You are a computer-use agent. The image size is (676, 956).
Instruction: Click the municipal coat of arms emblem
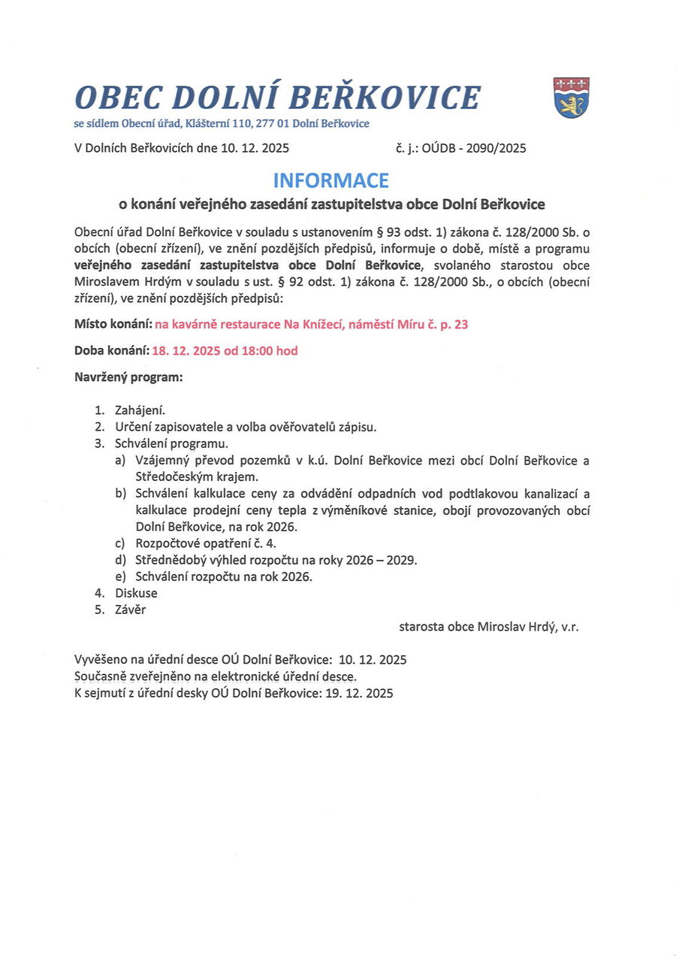coord(572,97)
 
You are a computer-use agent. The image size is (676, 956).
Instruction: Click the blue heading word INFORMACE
coord(330,180)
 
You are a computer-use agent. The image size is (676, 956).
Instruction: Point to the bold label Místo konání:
coord(113,325)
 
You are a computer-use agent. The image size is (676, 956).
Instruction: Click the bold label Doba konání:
coord(112,351)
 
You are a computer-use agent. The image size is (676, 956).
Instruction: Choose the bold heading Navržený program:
coord(128,377)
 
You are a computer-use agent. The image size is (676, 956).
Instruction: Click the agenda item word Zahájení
coord(140,410)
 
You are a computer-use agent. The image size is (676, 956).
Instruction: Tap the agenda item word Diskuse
coord(136,593)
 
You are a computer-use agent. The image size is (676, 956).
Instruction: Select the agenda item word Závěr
coord(131,610)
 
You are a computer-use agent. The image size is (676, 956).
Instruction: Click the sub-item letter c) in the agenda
coord(121,543)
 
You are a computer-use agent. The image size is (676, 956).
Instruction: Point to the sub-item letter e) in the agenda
coord(121,576)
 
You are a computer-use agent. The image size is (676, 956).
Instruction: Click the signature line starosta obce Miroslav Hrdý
coord(489,626)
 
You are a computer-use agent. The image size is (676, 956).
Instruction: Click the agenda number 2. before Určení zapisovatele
coord(99,427)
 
